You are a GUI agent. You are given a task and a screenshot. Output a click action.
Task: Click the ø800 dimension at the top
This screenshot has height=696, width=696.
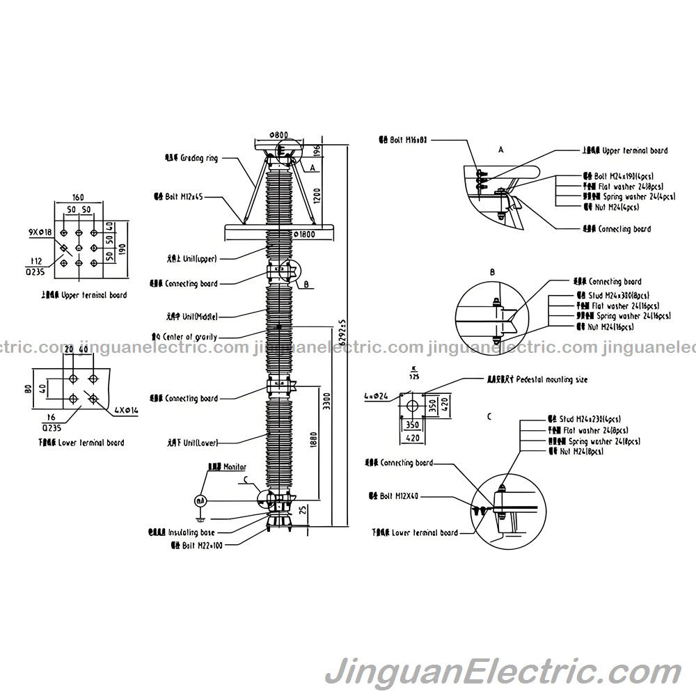point(278,134)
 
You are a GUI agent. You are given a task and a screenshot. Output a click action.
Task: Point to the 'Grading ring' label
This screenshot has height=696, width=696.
point(199,158)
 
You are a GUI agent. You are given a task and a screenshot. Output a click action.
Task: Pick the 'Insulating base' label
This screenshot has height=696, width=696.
point(191,532)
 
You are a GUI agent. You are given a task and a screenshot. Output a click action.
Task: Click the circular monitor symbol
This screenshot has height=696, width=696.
point(200,500)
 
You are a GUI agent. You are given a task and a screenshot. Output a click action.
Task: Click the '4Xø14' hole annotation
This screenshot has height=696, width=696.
point(126,411)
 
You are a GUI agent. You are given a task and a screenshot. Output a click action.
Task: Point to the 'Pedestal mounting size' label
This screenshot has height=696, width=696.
point(546,380)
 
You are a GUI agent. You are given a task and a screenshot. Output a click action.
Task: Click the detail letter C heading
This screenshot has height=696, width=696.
point(489,416)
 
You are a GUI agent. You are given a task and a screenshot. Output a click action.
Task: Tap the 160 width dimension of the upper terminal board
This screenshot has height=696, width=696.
point(78,196)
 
